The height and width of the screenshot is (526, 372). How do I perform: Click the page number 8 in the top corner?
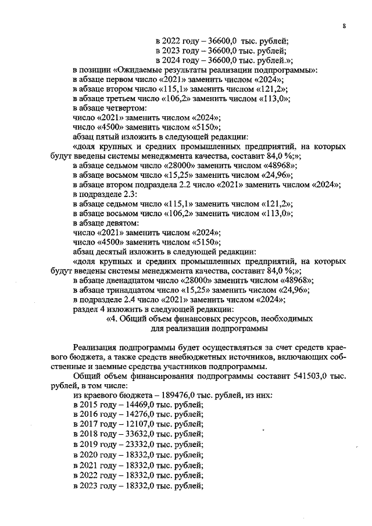pyautogui.click(x=345, y=26)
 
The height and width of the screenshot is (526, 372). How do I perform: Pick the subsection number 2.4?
pyautogui.click(x=131, y=299)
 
